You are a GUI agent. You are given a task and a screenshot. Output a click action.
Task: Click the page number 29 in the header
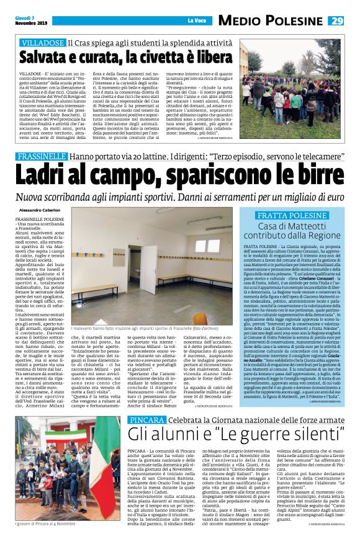pyautogui.click(x=336, y=20)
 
